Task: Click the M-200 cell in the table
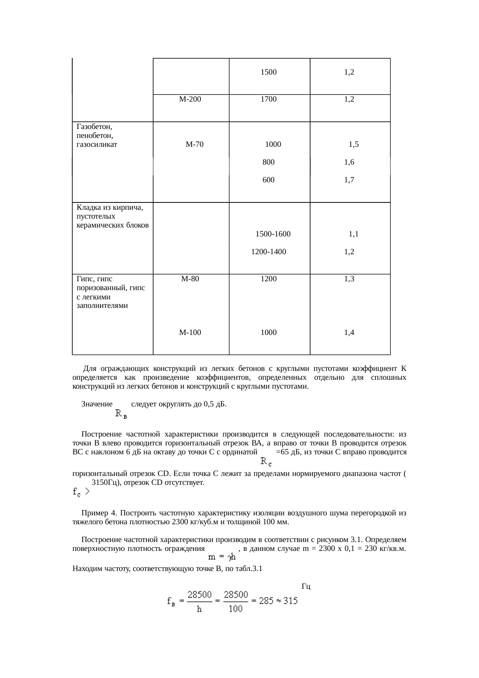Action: coord(190,99)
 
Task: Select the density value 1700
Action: coord(268,99)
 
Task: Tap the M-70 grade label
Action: coord(195,145)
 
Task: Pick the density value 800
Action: coord(268,163)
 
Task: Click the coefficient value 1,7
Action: coord(349,180)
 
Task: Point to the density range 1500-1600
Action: coord(273,234)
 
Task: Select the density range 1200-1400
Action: coord(268,252)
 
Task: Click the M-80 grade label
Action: coord(190,279)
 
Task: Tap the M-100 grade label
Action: coord(190,333)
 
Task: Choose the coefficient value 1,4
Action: coord(349,333)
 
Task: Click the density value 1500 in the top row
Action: coord(268,72)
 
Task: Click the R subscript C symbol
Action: coord(266,461)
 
